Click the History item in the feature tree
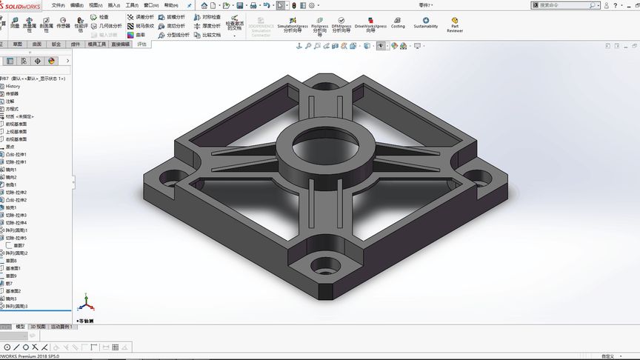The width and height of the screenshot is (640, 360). [13, 87]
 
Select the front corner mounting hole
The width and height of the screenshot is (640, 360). [320, 264]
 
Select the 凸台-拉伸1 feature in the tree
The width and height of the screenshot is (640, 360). [16, 155]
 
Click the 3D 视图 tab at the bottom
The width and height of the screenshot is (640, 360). [37, 327]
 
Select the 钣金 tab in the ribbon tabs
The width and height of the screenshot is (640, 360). [56, 44]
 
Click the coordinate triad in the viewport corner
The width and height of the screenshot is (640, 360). [87, 304]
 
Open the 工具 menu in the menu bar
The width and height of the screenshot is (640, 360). [131, 5]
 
